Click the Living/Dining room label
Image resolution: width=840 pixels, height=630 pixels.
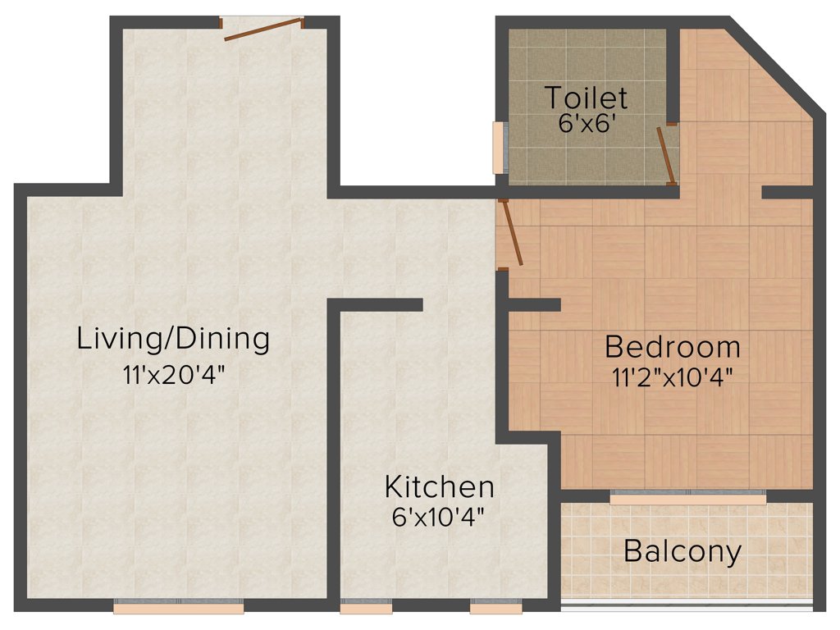click(x=173, y=338)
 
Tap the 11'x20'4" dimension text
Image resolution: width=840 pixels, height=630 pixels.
click(x=173, y=375)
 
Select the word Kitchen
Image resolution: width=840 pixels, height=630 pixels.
click(x=440, y=486)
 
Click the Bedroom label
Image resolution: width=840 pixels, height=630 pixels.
click(x=672, y=347)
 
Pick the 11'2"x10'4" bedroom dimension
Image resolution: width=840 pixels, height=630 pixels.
click(x=672, y=377)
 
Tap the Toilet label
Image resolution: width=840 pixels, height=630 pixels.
click(x=587, y=98)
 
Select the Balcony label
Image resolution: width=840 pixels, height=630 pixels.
click(x=682, y=551)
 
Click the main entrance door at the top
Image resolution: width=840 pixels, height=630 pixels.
click(x=254, y=29)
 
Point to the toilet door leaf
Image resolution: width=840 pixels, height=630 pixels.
click(x=666, y=156)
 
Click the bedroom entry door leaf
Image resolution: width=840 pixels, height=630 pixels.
click(x=512, y=234)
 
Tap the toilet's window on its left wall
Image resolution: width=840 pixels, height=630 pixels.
click(x=498, y=148)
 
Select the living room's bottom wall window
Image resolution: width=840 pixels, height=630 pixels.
click(x=179, y=609)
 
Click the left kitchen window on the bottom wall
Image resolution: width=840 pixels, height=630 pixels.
click(x=366, y=609)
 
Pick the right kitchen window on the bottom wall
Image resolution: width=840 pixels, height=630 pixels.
click(x=495, y=609)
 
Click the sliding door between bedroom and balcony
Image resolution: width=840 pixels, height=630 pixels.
click(x=687, y=497)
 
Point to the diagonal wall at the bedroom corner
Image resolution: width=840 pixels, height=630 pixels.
click(x=775, y=66)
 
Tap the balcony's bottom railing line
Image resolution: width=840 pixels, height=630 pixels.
click(x=687, y=609)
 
